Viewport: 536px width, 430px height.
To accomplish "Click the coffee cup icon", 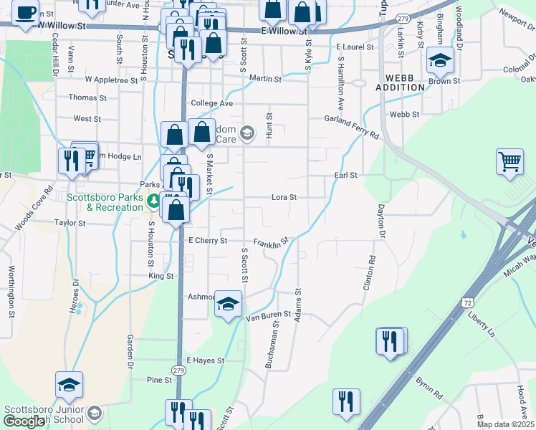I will click(26, 14).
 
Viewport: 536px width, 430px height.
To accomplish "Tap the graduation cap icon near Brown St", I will click(440, 61).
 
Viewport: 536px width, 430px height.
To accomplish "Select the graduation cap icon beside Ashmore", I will click(229, 305).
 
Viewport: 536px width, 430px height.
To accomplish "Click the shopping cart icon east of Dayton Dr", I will click(509, 161).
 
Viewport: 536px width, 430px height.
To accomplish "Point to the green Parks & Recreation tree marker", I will click(153, 203).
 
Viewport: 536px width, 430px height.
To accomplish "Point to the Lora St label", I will click(284, 197).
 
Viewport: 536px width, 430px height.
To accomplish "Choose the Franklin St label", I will click(272, 242).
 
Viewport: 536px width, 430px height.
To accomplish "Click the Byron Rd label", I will click(429, 388).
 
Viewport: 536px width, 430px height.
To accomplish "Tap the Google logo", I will click(24, 421).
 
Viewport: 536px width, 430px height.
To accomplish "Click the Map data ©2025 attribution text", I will click(505, 424).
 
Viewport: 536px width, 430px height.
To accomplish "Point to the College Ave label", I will click(211, 103).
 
